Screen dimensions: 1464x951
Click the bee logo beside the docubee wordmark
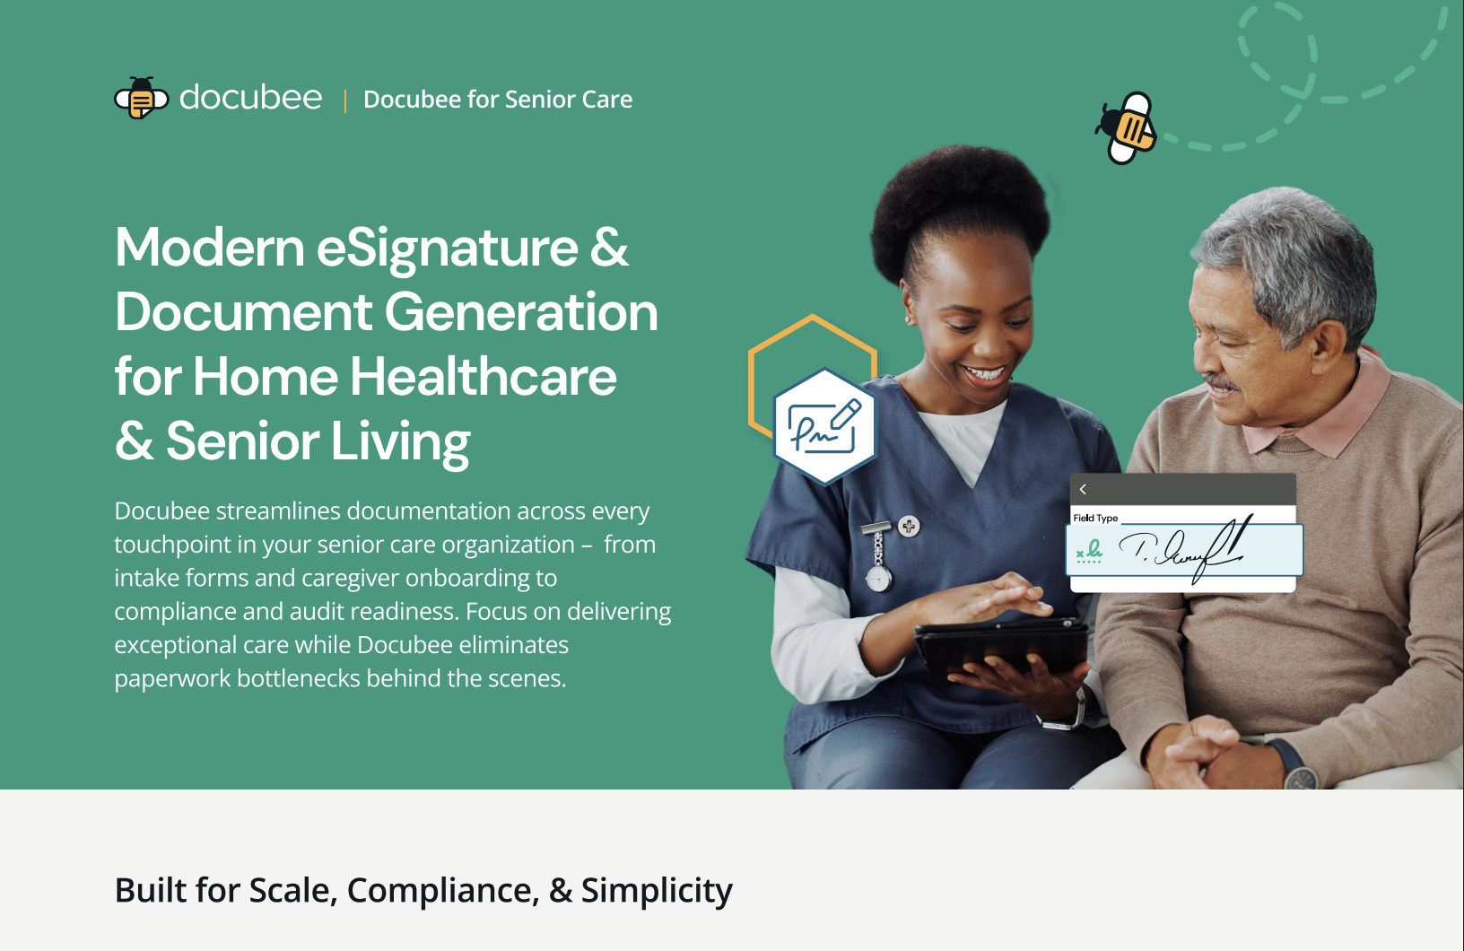click(x=141, y=98)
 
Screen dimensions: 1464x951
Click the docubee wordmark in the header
click(x=251, y=98)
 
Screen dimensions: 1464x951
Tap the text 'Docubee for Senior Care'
click(x=498, y=100)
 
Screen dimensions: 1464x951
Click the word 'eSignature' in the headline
click(x=447, y=249)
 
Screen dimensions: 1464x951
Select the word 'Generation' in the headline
click(x=521, y=312)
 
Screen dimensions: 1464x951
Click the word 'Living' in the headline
click(x=400, y=442)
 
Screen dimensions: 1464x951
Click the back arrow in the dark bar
click(x=1083, y=489)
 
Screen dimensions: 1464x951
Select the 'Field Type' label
click(x=1095, y=518)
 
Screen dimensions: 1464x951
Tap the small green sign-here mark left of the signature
click(x=1089, y=551)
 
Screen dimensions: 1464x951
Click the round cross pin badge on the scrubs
click(x=909, y=526)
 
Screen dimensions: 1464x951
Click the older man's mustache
click(x=1221, y=382)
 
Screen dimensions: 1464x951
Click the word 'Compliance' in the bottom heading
click(x=443, y=890)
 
